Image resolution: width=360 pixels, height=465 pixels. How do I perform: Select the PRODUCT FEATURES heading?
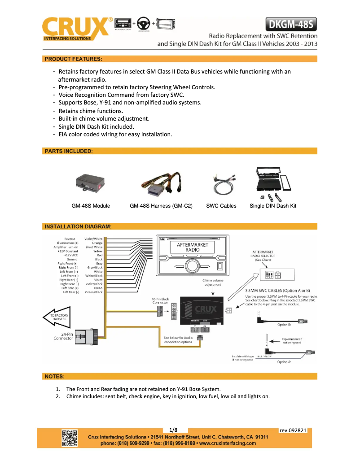point(73,59)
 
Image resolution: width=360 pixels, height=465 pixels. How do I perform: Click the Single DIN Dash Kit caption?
point(273,206)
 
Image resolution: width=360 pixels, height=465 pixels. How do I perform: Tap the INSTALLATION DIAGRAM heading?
point(78,226)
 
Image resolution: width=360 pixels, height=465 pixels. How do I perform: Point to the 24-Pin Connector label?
point(63,336)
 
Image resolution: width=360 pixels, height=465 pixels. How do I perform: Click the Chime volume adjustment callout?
point(213,282)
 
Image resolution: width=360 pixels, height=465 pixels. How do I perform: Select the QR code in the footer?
point(70,438)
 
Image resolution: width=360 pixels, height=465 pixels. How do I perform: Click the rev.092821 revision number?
point(293,430)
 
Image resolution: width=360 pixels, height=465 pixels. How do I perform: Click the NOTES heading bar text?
point(54,376)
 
